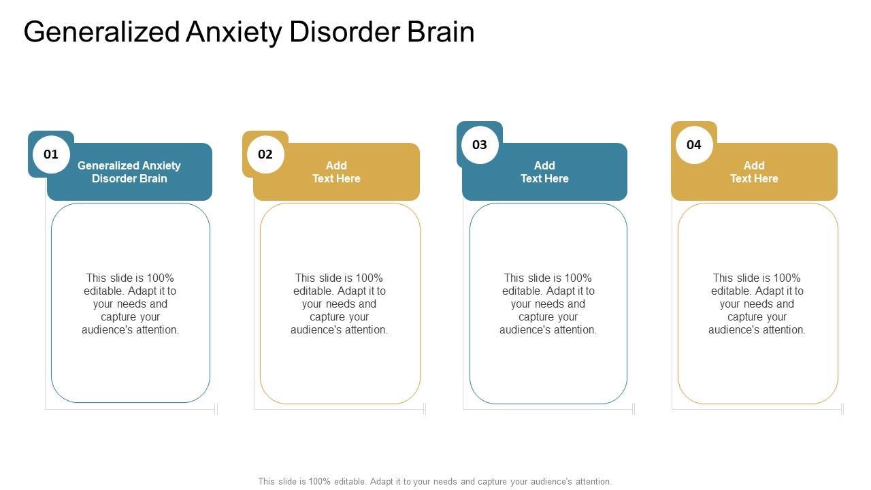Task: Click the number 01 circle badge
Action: (51, 154)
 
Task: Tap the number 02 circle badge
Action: (265, 154)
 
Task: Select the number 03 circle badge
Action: (480, 145)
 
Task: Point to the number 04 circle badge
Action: (694, 145)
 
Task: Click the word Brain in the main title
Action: (441, 33)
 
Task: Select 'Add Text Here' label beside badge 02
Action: (336, 172)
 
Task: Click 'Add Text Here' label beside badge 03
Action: (544, 172)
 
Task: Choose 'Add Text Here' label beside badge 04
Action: (754, 172)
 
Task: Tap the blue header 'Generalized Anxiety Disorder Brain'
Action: (129, 172)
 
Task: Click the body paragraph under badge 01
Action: (130, 304)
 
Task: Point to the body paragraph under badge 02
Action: (339, 304)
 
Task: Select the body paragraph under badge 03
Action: (548, 304)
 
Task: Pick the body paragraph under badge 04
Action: (757, 304)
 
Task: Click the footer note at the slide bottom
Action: (435, 481)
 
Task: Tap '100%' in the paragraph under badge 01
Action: (160, 278)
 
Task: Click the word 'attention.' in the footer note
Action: (593, 481)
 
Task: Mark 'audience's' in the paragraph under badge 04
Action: (733, 330)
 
